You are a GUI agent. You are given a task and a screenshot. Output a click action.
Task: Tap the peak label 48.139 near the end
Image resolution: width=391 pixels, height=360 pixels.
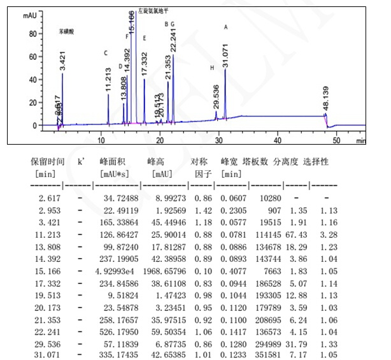pos(326,99)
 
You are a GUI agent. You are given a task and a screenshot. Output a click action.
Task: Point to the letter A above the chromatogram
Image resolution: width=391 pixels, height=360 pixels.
pos(225,27)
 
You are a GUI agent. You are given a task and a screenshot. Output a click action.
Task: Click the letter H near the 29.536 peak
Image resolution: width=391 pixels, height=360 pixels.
pos(212,68)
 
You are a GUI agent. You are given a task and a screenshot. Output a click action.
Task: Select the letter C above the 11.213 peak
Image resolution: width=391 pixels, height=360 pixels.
pos(106,54)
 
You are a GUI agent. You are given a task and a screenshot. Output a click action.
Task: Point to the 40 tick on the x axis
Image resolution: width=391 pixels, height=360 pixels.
pos(278,138)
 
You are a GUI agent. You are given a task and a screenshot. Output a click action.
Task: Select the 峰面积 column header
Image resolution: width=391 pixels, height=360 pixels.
pos(110,162)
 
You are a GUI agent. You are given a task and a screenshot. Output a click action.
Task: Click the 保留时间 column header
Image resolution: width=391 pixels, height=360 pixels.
pos(48,162)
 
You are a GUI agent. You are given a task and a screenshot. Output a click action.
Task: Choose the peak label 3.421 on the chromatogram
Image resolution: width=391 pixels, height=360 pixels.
pos(62,59)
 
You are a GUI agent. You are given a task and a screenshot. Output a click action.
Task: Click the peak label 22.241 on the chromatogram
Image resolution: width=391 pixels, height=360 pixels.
pos(173,40)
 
